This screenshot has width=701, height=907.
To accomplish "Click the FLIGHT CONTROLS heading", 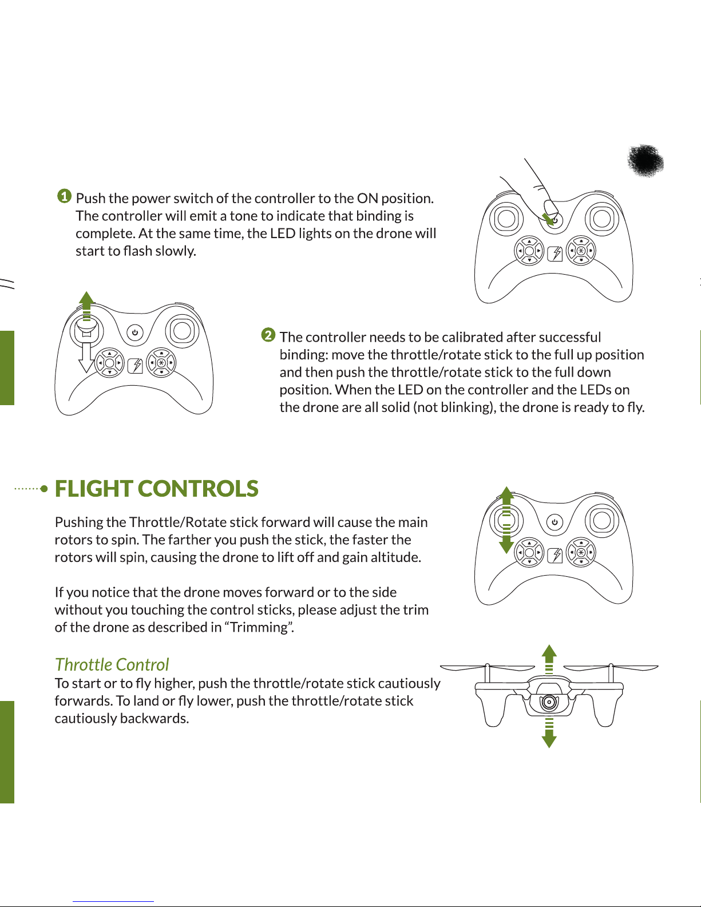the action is (x=156, y=489).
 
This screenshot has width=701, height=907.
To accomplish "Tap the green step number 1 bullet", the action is (x=65, y=196).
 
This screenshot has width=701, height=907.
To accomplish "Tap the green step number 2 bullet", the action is (x=268, y=335).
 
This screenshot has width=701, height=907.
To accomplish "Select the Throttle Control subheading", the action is (x=112, y=664).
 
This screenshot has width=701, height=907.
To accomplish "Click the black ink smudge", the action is (x=645, y=160).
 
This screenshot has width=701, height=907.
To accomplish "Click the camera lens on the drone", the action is (x=549, y=702).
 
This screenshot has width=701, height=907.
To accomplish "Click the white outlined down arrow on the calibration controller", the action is (x=86, y=358).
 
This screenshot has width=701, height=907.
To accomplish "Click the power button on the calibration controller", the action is (x=134, y=332).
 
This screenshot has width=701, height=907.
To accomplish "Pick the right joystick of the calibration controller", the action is (x=182, y=331).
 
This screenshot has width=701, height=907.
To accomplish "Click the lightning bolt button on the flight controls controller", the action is (x=555, y=555).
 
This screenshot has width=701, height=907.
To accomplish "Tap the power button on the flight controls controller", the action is (x=555, y=522).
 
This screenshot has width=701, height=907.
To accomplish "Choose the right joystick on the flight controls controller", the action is (x=602, y=520).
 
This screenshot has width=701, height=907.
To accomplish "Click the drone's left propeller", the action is (x=487, y=668).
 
